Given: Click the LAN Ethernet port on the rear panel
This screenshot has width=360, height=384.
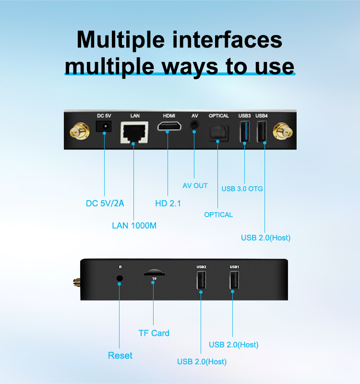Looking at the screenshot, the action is [x=134, y=132].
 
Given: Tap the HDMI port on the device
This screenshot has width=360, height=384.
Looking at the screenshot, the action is [x=169, y=126].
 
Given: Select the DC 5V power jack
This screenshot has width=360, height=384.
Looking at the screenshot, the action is [x=104, y=126].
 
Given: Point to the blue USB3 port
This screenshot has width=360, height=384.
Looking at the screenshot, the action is [x=245, y=132].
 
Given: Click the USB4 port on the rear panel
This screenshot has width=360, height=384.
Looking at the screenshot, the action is [x=262, y=132].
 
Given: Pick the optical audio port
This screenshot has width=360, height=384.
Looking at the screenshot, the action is [x=219, y=133].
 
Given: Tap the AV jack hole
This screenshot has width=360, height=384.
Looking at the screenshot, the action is [x=194, y=125].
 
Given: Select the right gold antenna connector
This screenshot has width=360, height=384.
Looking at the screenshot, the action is [x=283, y=132].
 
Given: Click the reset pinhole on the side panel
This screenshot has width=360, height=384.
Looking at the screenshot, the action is [x=120, y=278].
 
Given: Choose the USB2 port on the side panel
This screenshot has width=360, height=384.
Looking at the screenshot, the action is [x=201, y=281].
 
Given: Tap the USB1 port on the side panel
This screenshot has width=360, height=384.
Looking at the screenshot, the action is [x=234, y=281].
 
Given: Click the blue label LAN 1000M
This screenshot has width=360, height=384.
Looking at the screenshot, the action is [x=134, y=226].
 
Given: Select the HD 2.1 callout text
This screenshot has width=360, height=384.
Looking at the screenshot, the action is [x=168, y=203].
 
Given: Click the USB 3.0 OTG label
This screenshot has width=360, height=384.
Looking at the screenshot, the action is [x=242, y=189].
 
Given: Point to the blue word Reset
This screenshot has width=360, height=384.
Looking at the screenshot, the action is [x=120, y=355].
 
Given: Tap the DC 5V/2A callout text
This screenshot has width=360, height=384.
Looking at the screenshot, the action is [x=105, y=203].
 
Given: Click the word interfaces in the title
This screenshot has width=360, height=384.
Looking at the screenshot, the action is [x=227, y=40].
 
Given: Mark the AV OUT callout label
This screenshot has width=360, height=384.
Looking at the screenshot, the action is [x=195, y=186].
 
